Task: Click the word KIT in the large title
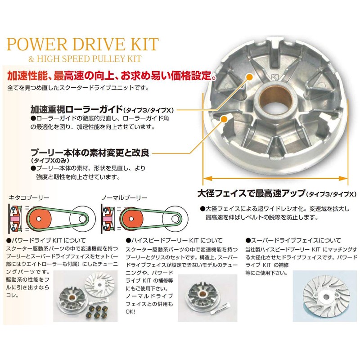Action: point(143,45)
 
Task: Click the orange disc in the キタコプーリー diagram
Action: point(39,220)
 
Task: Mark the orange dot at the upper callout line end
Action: point(248,78)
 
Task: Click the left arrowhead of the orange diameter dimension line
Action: point(206,178)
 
